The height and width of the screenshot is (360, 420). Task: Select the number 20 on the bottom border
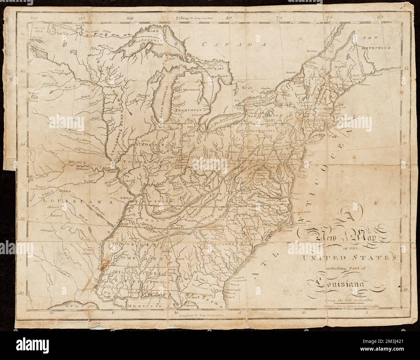pyautogui.click(x=51, y=313)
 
